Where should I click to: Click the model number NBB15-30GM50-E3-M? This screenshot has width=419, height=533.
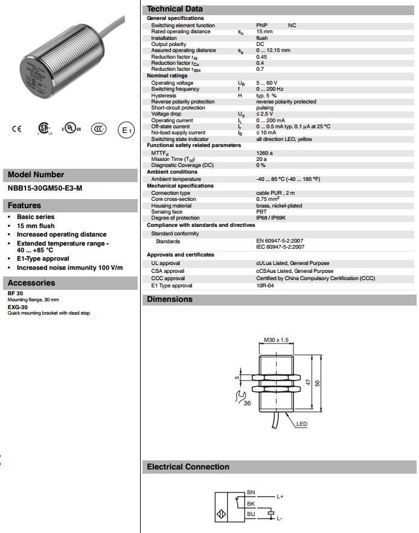45,188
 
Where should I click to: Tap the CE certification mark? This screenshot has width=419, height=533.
17,128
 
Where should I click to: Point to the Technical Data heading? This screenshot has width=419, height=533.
174,9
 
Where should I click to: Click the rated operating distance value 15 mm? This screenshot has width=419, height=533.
264,31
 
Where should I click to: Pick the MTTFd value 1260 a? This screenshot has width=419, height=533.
264,153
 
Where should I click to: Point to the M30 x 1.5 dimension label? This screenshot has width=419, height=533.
277,341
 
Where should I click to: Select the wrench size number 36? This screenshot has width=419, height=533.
247,403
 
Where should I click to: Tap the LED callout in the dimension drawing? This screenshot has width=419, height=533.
302,424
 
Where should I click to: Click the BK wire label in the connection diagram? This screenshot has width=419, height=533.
251,503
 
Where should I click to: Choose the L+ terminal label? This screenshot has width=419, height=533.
280,496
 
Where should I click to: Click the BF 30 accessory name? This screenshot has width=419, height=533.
15,293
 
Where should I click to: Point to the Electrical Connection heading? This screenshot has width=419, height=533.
188,467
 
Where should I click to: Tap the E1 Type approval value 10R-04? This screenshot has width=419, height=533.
265,286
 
